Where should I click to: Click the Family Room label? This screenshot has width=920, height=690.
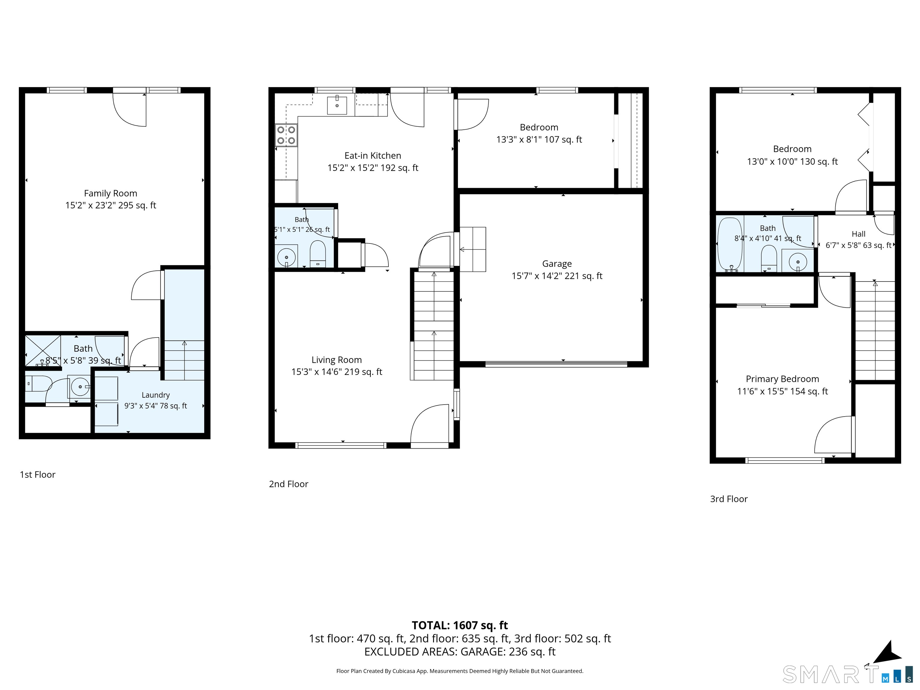(x=111, y=193)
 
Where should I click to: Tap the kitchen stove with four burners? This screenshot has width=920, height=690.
(x=286, y=135)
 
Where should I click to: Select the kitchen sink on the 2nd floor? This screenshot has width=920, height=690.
(x=337, y=105)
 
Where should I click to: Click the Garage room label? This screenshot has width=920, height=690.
(x=557, y=264)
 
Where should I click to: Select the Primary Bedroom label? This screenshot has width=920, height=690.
(x=782, y=379)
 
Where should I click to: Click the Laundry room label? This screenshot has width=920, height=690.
(x=155, y=395)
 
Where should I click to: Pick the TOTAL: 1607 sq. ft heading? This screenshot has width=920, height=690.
(x=460, y=625)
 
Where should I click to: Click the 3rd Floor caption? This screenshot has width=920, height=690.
(x=729, y=499)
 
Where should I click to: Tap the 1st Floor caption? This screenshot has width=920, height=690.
(x=37, y=475)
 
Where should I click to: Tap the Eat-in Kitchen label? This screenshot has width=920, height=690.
(x=373, y=155)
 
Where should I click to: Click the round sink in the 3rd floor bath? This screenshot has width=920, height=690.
(x=798, y=262)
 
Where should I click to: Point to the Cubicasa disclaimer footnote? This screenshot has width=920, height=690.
(x=460, y=671)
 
